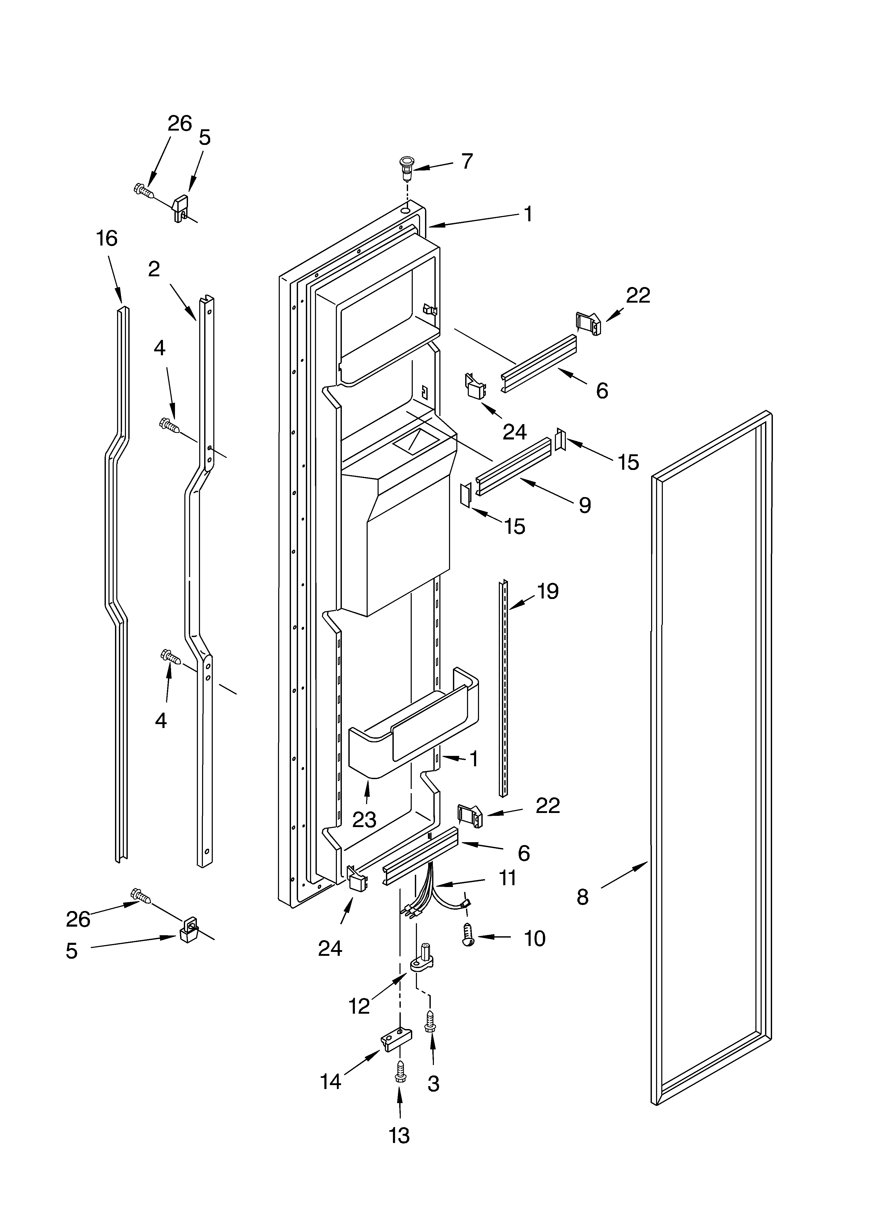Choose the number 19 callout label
click(x=548, y=591)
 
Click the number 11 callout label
click(x=508, y=878)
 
